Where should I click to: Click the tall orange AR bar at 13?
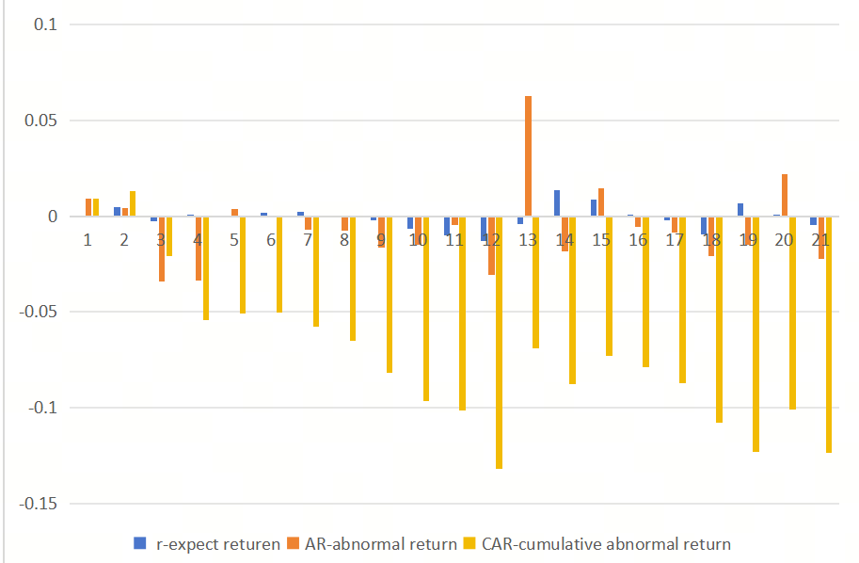point(528,156)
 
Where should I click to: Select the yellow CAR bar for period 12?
point(499,343)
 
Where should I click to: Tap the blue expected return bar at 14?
point(557,203)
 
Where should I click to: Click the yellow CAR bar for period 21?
point(829,334)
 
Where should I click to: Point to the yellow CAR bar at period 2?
point(133,204)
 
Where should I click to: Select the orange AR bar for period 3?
point(162,249)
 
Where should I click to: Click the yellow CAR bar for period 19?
point(756,334)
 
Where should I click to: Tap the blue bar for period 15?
point(594,208)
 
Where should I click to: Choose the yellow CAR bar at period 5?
point(243,265)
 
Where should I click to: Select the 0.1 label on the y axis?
point(45,24)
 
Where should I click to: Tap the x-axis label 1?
point(87,240)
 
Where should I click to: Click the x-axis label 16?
point(638,240)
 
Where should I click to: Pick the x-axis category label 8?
point(344,240)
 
